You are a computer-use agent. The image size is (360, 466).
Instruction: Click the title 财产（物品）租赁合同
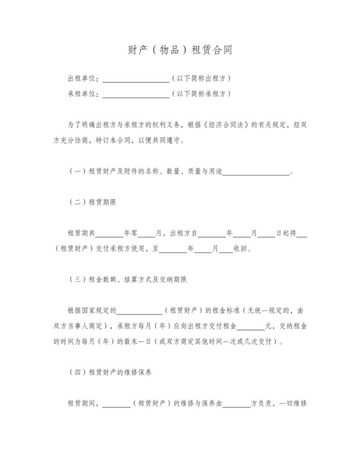(179, 50)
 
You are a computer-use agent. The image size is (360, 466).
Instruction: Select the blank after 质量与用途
(256, 173)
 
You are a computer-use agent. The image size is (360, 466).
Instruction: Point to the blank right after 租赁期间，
(116, 404)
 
